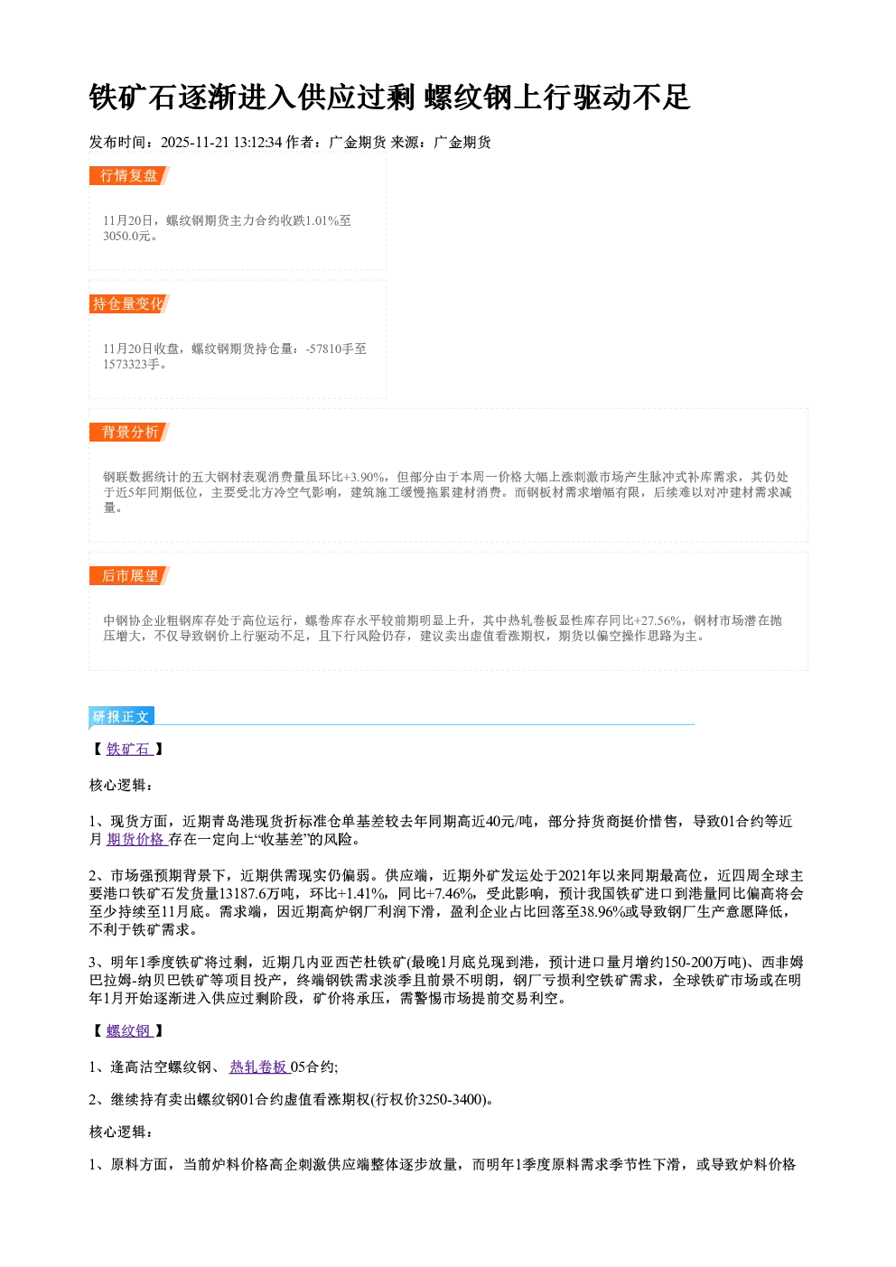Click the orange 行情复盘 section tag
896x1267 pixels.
129,175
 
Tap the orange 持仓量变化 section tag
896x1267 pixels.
129,303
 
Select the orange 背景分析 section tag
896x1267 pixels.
129,433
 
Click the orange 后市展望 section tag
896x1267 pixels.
129,576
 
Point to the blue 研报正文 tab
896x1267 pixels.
121,717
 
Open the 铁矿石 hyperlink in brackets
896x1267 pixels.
129,749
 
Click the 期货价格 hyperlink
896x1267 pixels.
137,839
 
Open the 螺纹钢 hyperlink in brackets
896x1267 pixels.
129,1030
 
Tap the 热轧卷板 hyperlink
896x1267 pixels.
259,1067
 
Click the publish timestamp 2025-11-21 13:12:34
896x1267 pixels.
221,142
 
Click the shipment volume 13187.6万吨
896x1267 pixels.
257,894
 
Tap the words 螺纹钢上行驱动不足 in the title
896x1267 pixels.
556,97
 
